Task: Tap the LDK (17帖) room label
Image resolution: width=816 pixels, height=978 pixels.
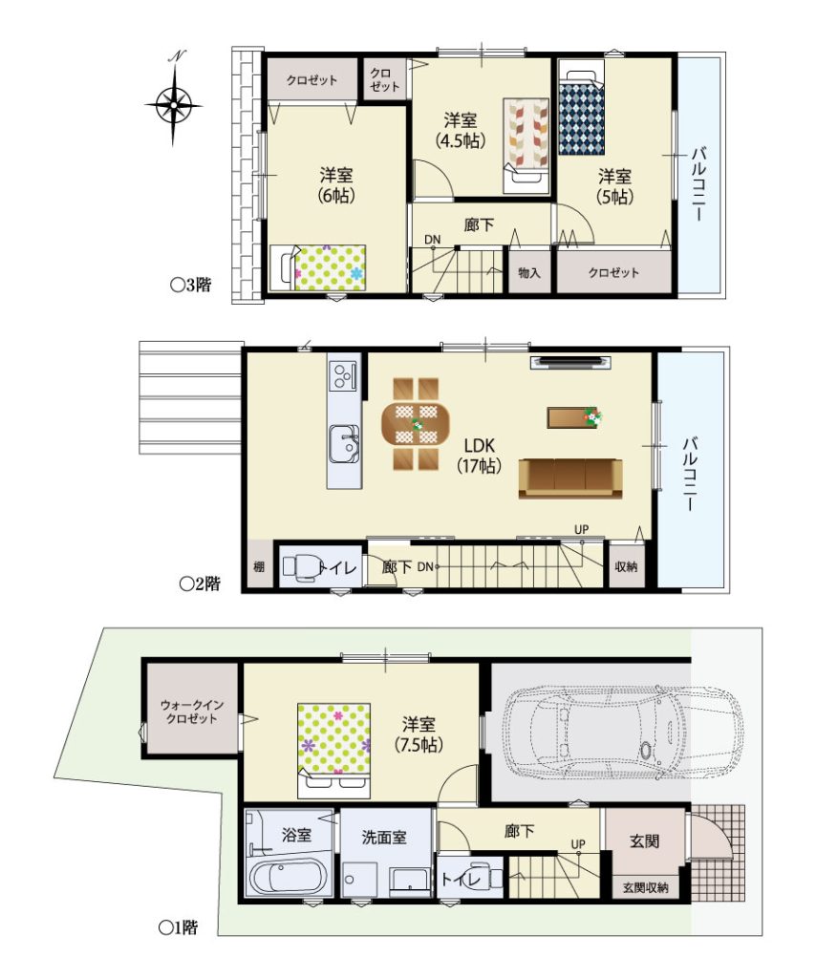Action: point(479,456)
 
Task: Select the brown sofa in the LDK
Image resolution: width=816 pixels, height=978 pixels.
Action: point(570,478)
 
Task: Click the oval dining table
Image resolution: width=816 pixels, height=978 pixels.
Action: point(415,424)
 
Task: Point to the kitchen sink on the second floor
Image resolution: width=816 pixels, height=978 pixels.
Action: point(344,443)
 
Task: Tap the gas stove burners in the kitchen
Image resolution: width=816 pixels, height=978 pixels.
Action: point(344,375)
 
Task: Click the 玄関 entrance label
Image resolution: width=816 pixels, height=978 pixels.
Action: point(644,840)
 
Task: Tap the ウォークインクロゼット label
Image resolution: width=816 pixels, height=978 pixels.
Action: point(192,711)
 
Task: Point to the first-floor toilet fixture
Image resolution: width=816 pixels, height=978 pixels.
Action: point(483,877)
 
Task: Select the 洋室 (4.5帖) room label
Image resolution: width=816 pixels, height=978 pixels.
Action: point(461,130)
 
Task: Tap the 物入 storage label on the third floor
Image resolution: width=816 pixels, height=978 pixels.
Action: point(529,272)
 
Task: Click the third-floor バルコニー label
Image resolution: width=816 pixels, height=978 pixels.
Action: point(698,182)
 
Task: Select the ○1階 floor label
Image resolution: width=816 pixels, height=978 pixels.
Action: point(179,927)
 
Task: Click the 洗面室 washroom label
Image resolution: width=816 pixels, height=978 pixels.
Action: point(384,837)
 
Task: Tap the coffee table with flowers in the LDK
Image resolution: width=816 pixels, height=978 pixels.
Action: point(575,417)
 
